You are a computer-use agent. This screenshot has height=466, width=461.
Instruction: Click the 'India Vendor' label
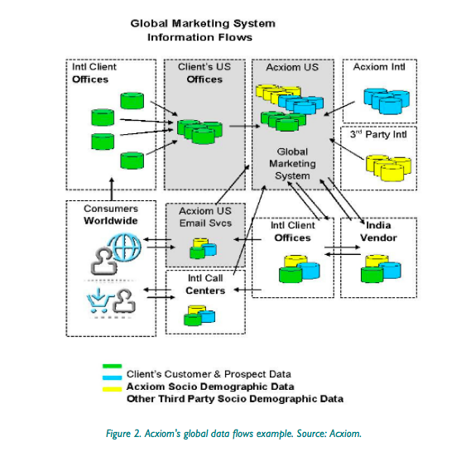(378, 232)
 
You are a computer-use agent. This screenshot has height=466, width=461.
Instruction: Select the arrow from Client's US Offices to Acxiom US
(242, 127)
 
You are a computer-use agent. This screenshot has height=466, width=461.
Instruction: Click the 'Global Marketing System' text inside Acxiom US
(291, 163)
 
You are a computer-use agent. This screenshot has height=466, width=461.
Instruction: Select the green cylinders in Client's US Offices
(199, 131)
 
